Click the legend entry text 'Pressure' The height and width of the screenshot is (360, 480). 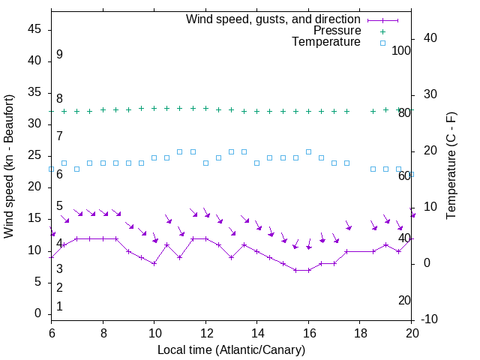[x=337, y=31]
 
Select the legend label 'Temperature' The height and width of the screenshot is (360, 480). [x=326, y=43]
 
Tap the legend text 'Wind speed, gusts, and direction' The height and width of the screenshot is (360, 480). [x=274, y=19]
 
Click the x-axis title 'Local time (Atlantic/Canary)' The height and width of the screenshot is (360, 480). [x=232, y=350]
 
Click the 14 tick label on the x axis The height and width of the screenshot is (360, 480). [x=257, y=332]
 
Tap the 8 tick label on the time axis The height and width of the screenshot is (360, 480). [x=103, y=332]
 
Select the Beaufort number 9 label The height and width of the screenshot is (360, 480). [x=59, y=55]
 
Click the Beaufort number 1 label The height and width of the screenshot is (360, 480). [x=59, y=307]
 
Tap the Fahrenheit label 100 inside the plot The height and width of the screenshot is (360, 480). [x=402, y=50]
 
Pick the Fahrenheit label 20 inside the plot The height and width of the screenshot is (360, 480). [x=404, y=300]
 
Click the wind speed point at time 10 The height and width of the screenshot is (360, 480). [x=154, y=263]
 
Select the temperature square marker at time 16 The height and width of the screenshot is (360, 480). [x=308, y=151]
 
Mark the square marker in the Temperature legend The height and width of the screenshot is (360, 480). [x=382, y=43]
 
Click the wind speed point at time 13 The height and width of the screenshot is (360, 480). [x=231, y=257]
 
